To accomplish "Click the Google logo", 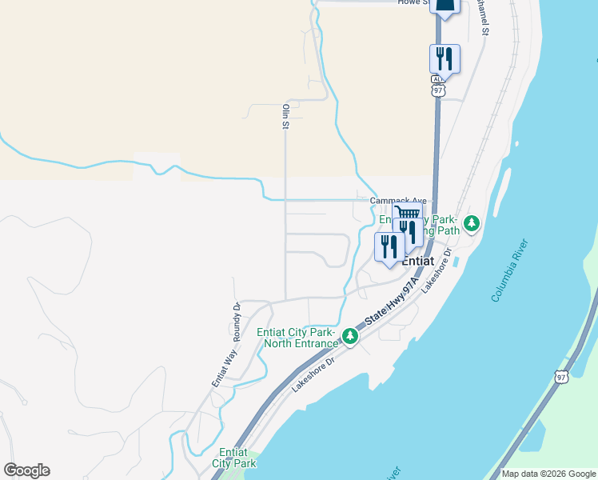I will pos(26,470).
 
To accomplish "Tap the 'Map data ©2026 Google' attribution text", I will pos(548,474).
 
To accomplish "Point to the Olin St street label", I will pos(284,116).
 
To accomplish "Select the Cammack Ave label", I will pos(398,201).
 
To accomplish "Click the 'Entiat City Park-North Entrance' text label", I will pos(297,338).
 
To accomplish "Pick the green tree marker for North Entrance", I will pos(349,337).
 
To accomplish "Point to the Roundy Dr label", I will pos(237,318).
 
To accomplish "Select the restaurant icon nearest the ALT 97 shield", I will pos(445,59).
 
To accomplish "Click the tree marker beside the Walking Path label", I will pos(472,223).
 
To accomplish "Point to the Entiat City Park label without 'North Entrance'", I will pos(234,458).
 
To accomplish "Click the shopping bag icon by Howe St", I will pos(445,6).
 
